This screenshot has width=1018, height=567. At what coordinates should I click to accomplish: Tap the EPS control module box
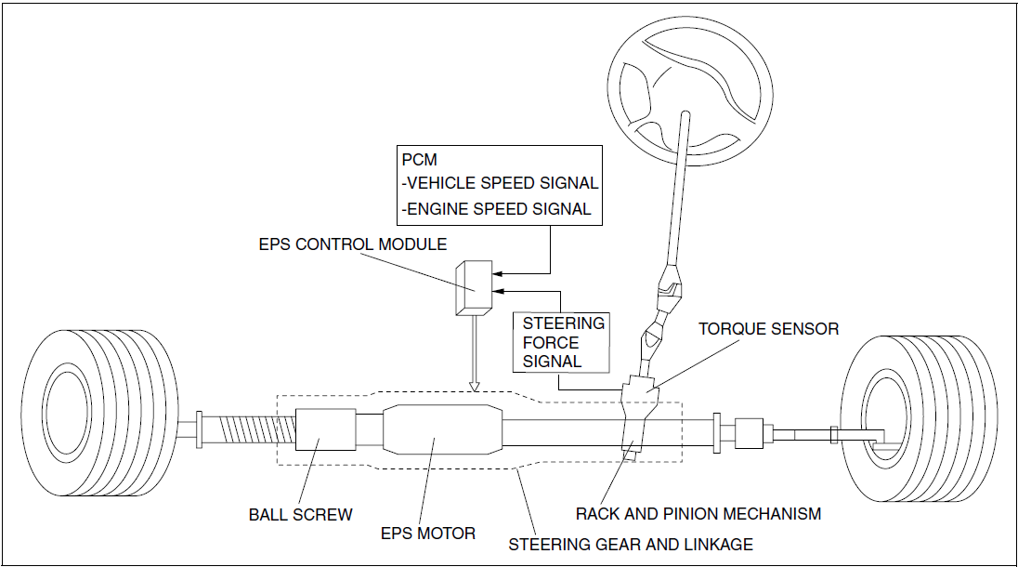tap(474, 288)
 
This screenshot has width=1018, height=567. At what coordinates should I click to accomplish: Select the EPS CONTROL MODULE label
tap(353, 244)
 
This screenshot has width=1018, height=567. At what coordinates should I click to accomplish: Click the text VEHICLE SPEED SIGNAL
tap(502, 183)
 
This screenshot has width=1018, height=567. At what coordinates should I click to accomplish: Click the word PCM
tap(420, 160)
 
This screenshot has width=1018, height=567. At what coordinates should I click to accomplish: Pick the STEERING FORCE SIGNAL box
tap(562, 342)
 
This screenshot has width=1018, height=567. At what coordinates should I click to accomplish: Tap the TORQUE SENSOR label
tap(769, 329)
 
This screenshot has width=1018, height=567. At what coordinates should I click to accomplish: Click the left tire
tap(98, 414)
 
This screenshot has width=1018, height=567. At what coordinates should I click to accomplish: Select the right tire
tap(918, 418)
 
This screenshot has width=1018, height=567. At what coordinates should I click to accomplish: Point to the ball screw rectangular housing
tap(325, 429)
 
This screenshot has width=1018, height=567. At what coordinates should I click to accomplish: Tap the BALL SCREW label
tap(301, 515)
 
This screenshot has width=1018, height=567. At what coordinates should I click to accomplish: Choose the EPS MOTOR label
tap(428, 534)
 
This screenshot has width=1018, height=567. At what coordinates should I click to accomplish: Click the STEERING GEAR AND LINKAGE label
tap(631, 545)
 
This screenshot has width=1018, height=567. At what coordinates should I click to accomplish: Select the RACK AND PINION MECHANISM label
tap(698, 514)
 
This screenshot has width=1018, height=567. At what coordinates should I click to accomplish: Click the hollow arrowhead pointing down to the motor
tap(475, 385)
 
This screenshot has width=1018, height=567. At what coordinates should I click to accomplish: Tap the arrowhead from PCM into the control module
tap(497, 272)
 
